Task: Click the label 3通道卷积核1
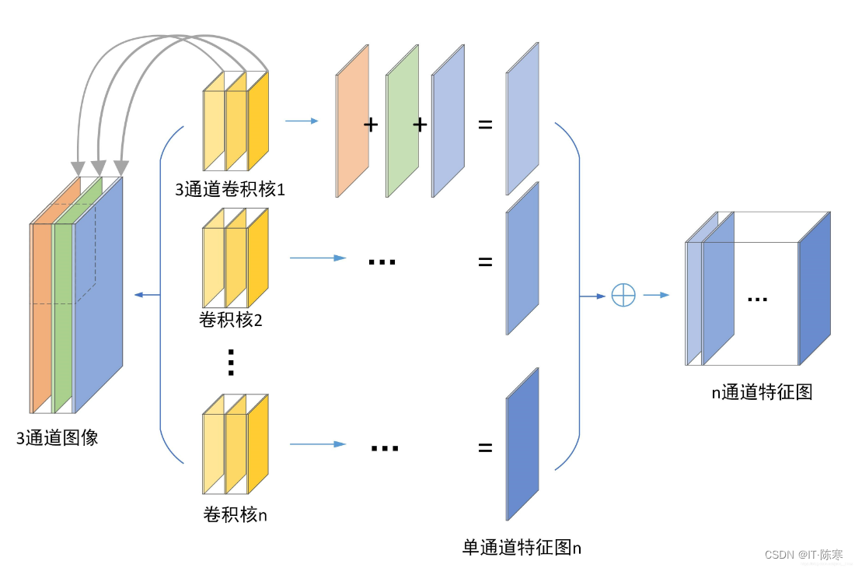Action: click(230, 189)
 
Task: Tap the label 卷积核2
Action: click(230, 319)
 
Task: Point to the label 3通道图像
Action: click(58, 437)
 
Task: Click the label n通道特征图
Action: click(762, 392)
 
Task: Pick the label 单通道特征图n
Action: click(522, 547)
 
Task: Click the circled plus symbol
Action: click(623, 296)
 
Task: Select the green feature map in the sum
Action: click(402, 121)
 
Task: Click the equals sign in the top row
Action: click(485, 124)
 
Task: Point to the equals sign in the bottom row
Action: click(485, 447)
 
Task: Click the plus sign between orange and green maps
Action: click(372, 124)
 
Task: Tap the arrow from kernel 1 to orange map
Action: click(302, 121)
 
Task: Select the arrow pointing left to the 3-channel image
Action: click(147, 295)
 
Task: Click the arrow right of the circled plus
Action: click(656, 296)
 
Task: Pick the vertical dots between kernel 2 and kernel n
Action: click(230, 362)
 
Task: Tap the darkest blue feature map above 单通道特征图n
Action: click(522, 444)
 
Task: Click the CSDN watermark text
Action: click(803, 555)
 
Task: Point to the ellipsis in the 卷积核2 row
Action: click(382, 261)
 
